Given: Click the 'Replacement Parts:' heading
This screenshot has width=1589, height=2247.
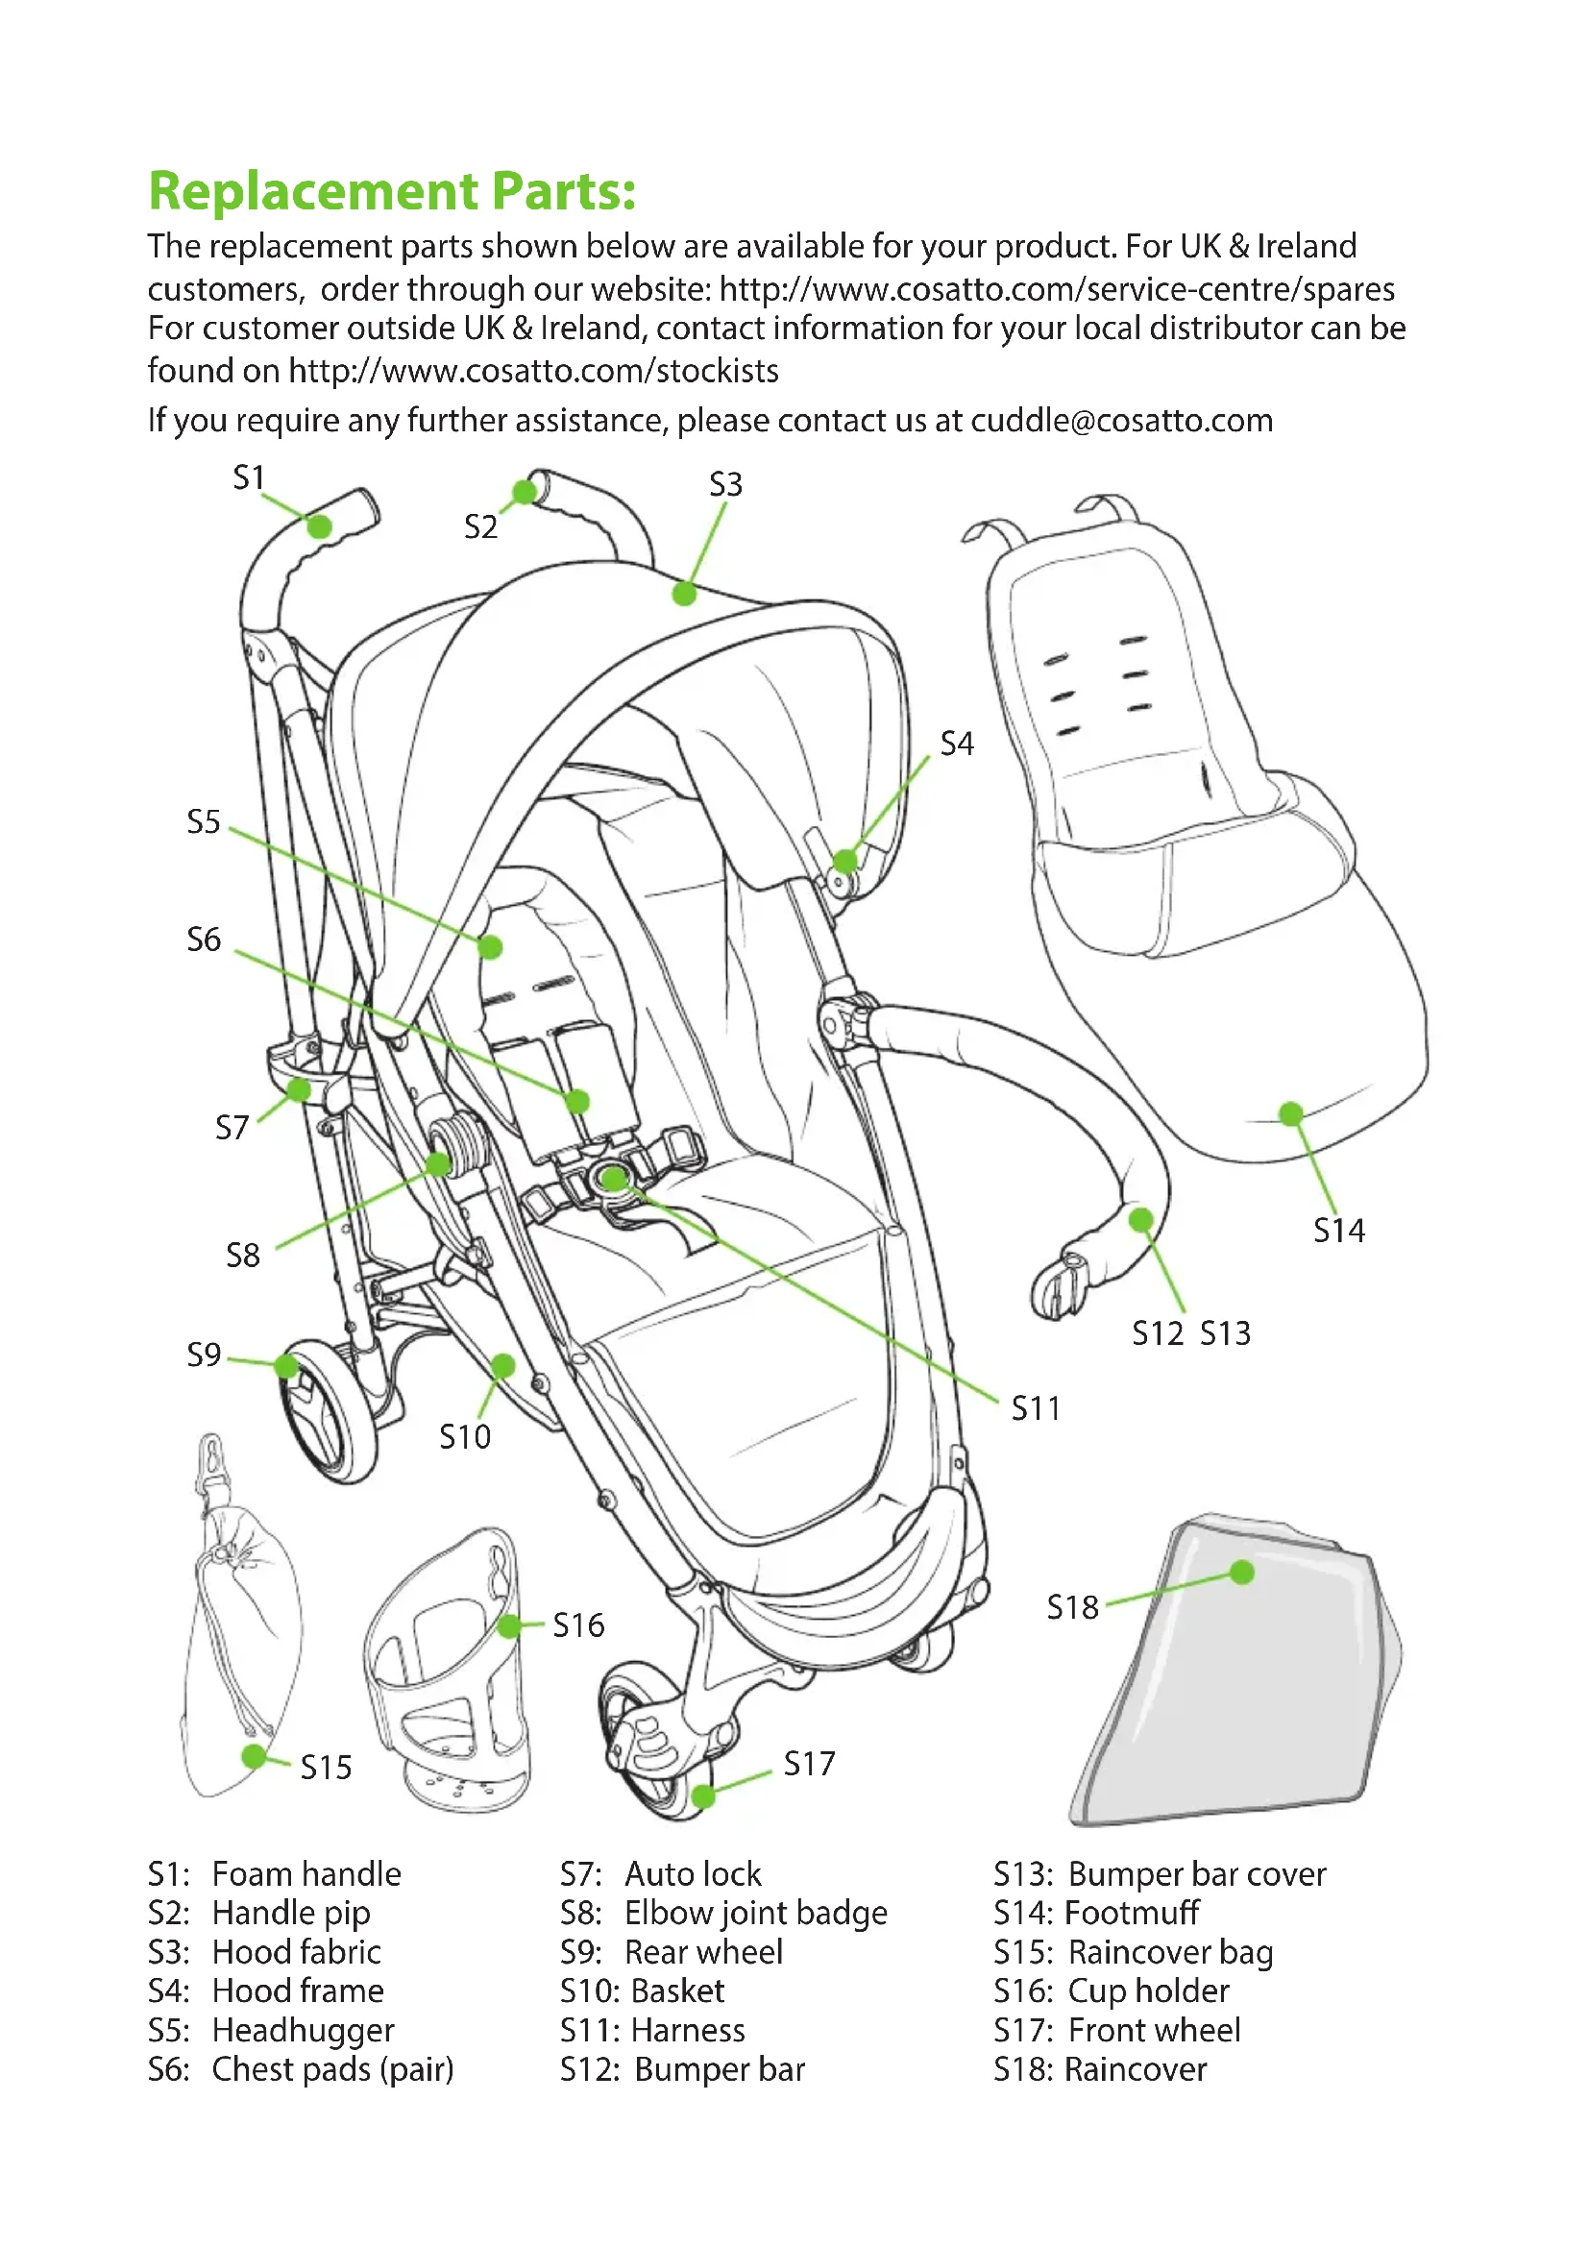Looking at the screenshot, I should click(391, 191).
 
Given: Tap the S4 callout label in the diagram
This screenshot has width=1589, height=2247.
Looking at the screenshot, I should click(956, 744).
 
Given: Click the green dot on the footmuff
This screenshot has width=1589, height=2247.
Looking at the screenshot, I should click(1290, 1113).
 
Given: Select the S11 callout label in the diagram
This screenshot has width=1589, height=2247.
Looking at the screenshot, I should click(1036, 1408).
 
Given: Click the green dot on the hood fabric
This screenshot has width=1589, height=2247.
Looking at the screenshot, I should click(684, 593).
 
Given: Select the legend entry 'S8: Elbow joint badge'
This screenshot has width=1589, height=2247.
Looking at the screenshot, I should click(723, 1913).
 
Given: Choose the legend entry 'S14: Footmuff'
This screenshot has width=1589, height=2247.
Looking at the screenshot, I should click(1096, 1913).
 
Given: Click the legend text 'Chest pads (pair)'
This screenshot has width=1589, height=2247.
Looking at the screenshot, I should click(332, 2069).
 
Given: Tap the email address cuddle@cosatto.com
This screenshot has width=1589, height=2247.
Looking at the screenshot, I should click(1121, 420).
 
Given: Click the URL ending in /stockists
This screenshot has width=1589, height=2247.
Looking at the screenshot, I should click(533, 371).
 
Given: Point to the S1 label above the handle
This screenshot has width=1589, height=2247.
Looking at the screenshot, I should click(249, 477).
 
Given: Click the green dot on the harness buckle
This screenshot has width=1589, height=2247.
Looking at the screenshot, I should click(614, 1180).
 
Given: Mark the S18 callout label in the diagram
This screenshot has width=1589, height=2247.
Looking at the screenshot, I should click(1072, 1607).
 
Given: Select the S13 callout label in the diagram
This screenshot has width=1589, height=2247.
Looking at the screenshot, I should click(1225, 1333).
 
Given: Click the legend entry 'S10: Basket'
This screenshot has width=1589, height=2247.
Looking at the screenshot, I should click(642, 1991).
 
